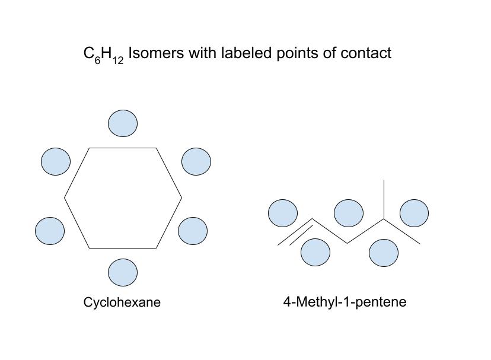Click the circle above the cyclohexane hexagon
[x=123, y=123]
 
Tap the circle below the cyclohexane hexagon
[x=123, y=272]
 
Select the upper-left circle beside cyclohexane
[x=56, y=161]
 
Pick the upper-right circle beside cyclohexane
[x=196, y=161]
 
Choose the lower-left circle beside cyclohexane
[x=50, y=231]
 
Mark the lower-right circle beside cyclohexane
[x=193, y=231]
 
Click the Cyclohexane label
[x=122, y=302]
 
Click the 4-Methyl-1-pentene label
[x=345, y=302]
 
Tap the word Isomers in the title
[x=156, y=53]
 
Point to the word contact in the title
[x=366, y=53]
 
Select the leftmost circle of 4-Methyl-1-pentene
[x=283, y=214]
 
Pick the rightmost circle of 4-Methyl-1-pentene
[x=415, y=214]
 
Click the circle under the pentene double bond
[x=315, y=253]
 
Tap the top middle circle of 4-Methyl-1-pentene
[x=349, y=214]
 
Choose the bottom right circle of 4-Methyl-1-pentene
[x=384, y=253]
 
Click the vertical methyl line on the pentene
[x=384, y=199]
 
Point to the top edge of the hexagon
[x=123, y=148]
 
